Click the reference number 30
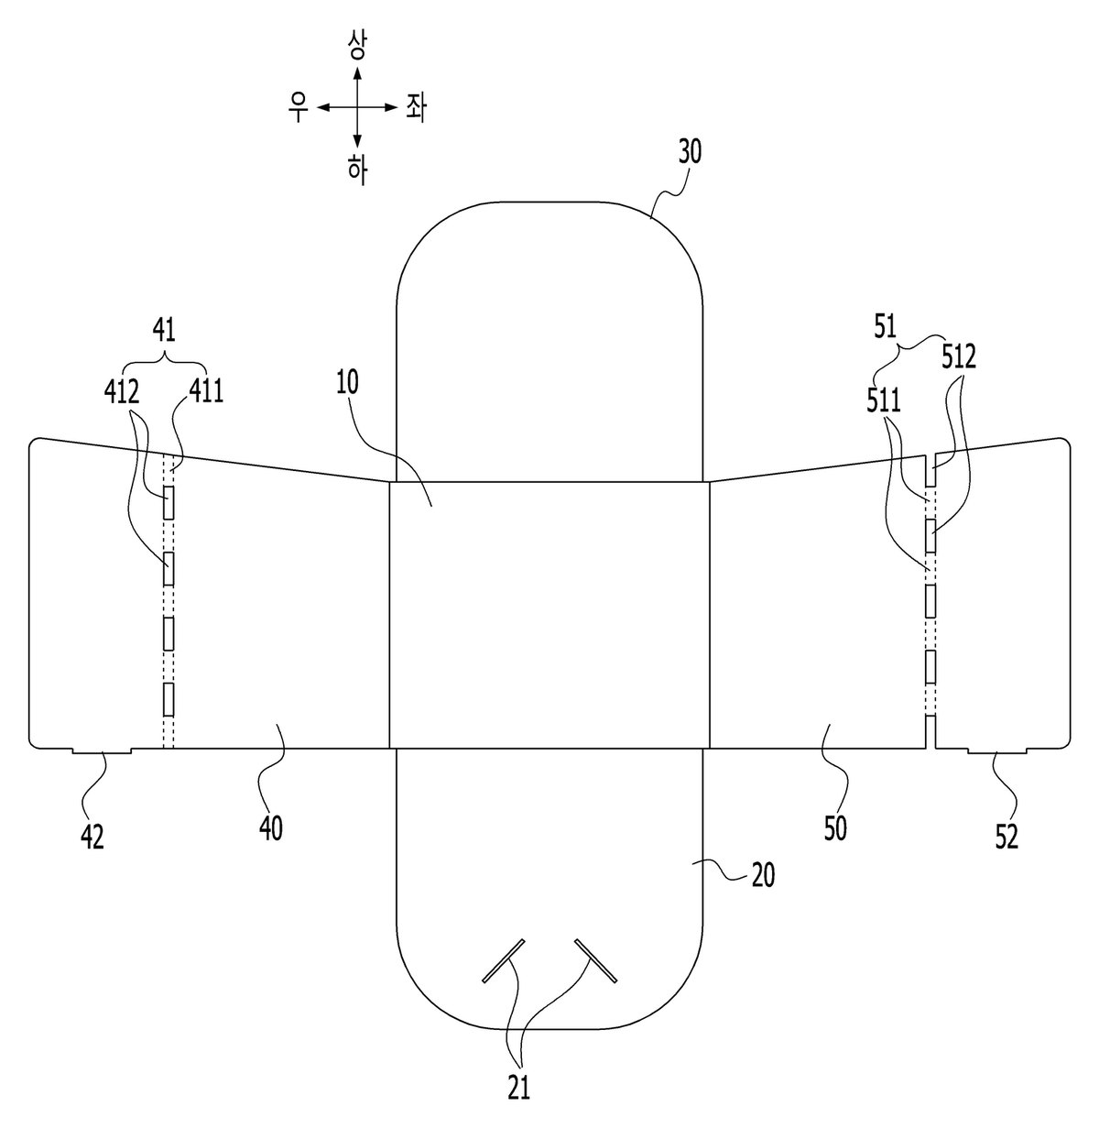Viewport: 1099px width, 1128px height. click(x=690, y=152)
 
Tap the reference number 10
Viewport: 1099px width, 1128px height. click(x=348, y=382)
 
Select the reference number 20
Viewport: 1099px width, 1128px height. click(x=763, y=875)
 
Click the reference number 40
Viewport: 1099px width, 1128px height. click(x=270, y=828)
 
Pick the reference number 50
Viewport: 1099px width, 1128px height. click(x=835, y=828)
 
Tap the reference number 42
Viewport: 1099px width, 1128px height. click(x=92, y=837)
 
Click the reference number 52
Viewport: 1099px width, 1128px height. click(x=1007, y=837)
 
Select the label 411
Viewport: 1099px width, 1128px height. click(x=206, y=392)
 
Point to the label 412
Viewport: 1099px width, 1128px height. click(x=122, y=392)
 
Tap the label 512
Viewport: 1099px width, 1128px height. click(x=959, y=357)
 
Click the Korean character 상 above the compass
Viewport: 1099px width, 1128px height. click(x=357, y=46)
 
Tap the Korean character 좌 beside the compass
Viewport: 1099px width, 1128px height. click(x=416, y=108)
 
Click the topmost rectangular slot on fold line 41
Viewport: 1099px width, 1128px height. click(x=169, y=502)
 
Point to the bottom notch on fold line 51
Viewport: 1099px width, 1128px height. click(x=930, y=731)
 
